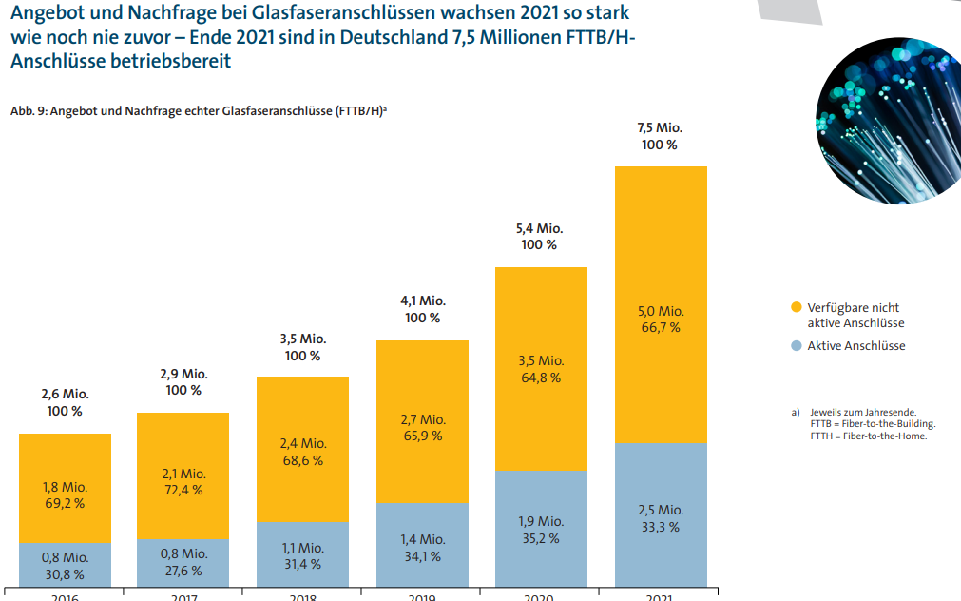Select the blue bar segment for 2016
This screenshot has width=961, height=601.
pyautogui.click(x=66, y=565)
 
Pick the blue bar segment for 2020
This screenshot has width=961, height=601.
pyautogui.click(x=542, y=529)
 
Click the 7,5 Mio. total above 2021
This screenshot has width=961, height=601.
pyautogui.click(x=660, y=127)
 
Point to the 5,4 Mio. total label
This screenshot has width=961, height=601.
pyautogui.click(x=539, y=228)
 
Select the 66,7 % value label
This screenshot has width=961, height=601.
pyautogui.click(x=660, y=328)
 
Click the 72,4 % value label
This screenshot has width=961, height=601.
pyautogui.click(x=183, y=491)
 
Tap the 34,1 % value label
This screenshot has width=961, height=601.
pyautogui.click(x=421, y=557)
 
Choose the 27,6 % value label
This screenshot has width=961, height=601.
pyautogui.click(x=183, y=571)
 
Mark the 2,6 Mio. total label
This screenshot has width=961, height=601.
pyautogui.click(x=65, y=395)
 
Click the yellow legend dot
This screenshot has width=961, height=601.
pyautogui.click(x=796, y=307)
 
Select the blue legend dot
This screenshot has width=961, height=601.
pyautogui.click(x=796, y=346)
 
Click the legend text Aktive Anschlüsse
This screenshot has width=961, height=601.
pyautogui.click(x=856, y=346)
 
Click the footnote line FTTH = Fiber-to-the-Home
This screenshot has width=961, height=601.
pyautogui.click(x=868, y=436)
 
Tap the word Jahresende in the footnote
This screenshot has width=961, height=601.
pyautogui.click(x=889, y=413)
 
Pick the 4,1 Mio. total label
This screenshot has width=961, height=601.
pyautogui.click(x=421, y=301)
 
